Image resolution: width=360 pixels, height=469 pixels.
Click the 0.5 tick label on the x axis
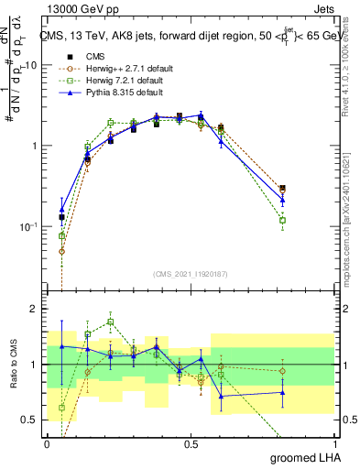(x=191, y=443)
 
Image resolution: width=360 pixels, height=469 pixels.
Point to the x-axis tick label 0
(x=47, y=443)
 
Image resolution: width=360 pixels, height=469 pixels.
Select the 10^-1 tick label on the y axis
(x=28, y=226)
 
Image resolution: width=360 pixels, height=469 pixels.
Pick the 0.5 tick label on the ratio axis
(x=31, y=420)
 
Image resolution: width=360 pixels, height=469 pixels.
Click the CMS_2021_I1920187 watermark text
(x=191, y=273)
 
